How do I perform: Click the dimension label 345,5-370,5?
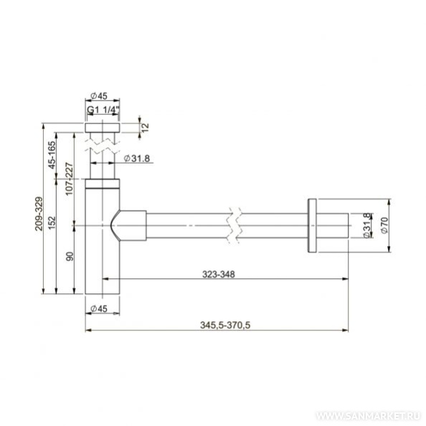pos(225,325)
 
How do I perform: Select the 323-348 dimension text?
pos(219,275)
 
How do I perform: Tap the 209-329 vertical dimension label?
pos(39,214)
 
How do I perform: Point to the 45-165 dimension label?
pos(52,155)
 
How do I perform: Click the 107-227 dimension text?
pos(70,179)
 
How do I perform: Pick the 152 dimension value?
pos(52,222)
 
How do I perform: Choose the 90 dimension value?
pos(70,257)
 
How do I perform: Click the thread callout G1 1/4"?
pos(103,110)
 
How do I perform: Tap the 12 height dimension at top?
pos(145,127)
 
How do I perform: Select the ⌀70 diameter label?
pos(384,225)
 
